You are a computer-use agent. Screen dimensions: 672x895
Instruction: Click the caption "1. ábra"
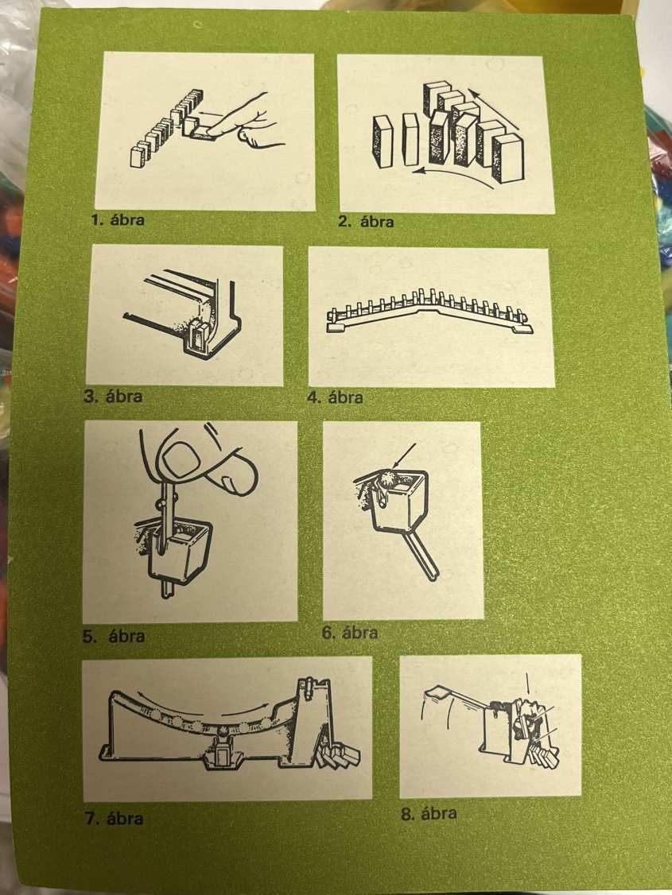click(x=118, y=219)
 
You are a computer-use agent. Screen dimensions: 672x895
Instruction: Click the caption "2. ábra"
click(x=365, y=222)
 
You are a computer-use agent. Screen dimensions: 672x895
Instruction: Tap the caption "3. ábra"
click(x=112, y=396)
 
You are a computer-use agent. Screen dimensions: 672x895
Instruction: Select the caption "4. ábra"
click(x=335, y=397)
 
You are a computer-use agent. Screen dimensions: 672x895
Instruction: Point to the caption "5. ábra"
click(x=113, y=636)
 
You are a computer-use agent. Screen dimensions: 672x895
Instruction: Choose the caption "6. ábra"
click(x=349, y=633)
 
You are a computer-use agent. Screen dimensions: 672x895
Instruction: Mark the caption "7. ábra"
click(x=114, y=819)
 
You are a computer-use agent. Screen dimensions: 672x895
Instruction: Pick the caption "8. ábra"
click(x=428, y=813)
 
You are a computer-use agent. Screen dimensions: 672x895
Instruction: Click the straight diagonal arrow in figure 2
click(x=493, y=108)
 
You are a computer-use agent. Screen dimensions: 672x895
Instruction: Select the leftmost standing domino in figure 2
click(x=383, y=141)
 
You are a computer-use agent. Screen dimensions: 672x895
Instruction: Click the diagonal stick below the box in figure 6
click(x=422, y=556)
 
